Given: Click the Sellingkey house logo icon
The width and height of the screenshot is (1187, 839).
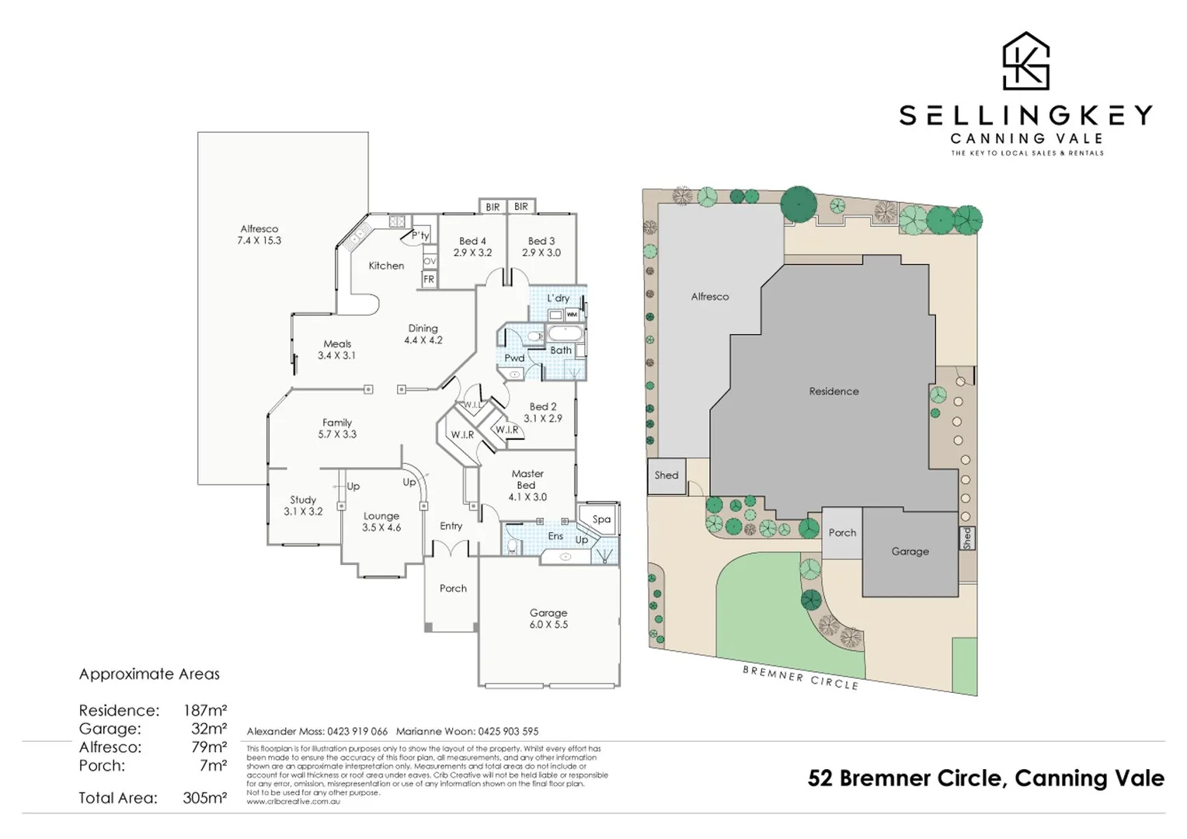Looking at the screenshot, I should (x=1025, y=61).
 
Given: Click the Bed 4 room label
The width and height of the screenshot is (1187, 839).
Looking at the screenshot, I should (x=472, y=241).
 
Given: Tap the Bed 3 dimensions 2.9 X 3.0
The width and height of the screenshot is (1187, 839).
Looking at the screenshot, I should (x=541, y=253).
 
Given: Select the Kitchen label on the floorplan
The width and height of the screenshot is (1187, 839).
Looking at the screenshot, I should (x=386, y=266).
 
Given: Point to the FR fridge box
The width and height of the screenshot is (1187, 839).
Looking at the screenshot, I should (x=429, y=280).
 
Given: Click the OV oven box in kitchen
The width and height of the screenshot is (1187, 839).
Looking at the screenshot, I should (x=430, y=261).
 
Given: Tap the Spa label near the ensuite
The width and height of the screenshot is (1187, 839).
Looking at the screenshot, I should (x=601, y=519).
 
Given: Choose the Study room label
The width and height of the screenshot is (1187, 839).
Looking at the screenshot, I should (x=303, y=500).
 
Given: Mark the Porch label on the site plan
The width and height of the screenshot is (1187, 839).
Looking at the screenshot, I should (x=842, y=533).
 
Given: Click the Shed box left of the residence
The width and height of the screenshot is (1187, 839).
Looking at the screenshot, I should (x=667, y=475).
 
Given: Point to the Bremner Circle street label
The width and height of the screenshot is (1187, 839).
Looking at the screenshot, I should (x=800, y=677).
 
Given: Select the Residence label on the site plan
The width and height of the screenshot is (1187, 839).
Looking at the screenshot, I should (x=834, y=392).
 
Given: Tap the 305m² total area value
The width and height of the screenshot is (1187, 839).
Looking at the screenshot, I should (x=205, y=798).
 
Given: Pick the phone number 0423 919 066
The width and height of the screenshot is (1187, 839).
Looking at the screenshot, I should (x=357, y=731).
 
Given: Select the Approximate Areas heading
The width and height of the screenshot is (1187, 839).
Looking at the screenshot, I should (x=149, y=674).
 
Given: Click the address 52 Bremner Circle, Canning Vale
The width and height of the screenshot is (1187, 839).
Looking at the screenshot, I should (x=986, y=778).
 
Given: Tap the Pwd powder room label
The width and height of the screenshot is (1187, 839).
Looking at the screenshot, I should (x=514, y=358).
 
